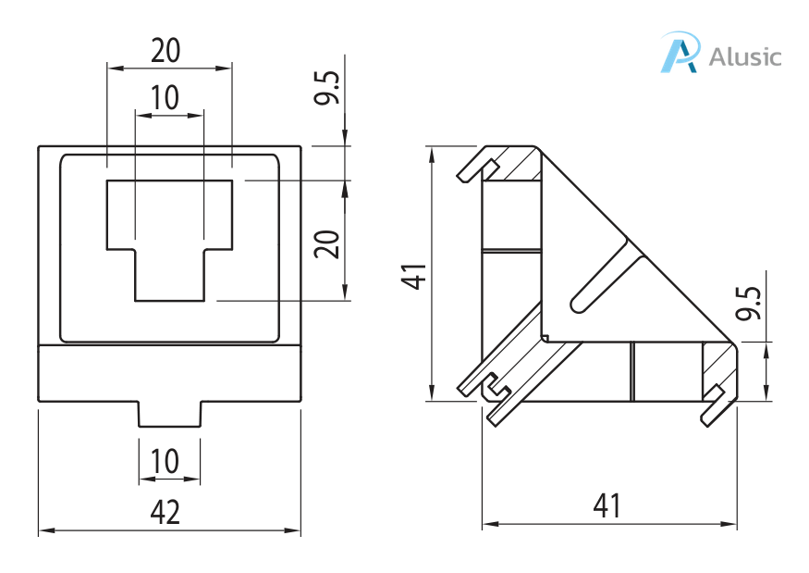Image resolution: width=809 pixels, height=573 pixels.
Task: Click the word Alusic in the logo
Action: (744, 56)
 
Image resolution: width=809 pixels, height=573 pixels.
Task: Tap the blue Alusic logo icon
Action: (679, 53)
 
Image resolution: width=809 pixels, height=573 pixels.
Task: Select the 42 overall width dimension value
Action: (165, 512)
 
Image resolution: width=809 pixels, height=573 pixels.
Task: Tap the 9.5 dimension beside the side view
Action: (750, 303)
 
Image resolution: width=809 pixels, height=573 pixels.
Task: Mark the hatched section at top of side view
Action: (518, 165)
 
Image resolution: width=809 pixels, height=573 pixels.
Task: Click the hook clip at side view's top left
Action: (476, 168)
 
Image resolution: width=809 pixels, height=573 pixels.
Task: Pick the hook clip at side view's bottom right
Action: (713, 408)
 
